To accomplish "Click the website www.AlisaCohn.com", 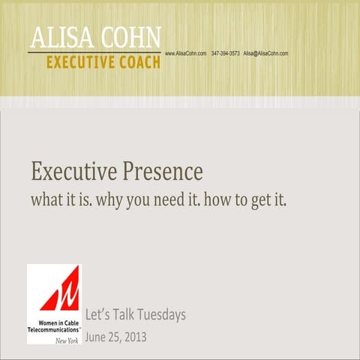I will coord(185,54).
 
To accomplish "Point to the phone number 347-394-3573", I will coord(225,54).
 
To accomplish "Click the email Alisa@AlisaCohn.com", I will coord(265,54).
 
